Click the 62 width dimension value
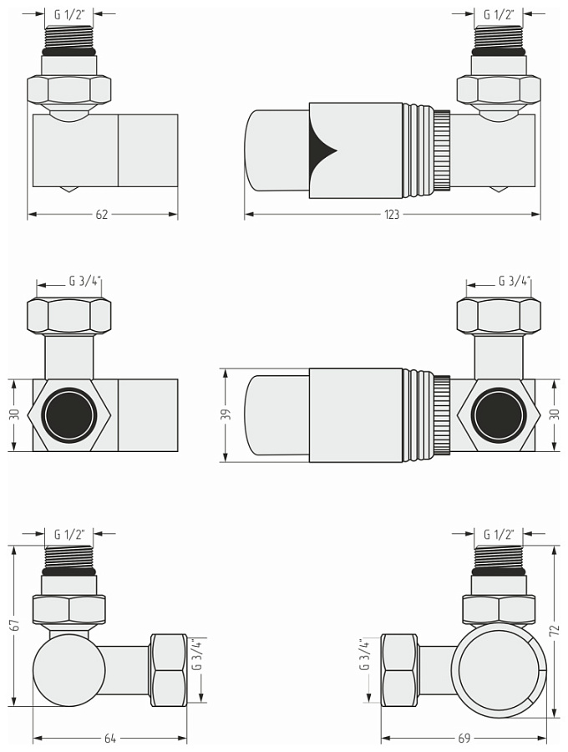102,215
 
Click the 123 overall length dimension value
392,215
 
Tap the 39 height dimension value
225,415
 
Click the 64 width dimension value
109,738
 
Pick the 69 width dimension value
464,738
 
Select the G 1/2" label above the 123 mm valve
499,14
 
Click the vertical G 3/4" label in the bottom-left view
197,655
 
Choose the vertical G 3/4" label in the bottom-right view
364,655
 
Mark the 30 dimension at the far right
555,415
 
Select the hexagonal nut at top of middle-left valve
69,316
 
